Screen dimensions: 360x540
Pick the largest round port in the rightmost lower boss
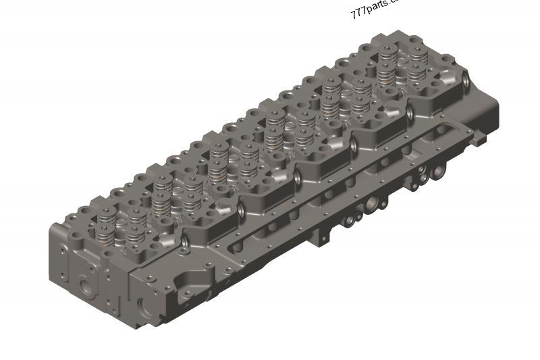[x=427, y=178]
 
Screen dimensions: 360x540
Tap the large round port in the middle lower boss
[x=371, y=205]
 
